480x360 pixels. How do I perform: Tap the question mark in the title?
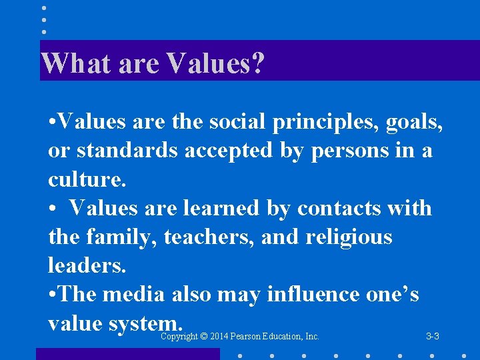point(258,64)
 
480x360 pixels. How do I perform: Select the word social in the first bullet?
point(233,122)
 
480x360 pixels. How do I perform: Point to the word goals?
point(416,122)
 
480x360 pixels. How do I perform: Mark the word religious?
point(347,237)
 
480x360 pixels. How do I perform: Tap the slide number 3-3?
point(433,337)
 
